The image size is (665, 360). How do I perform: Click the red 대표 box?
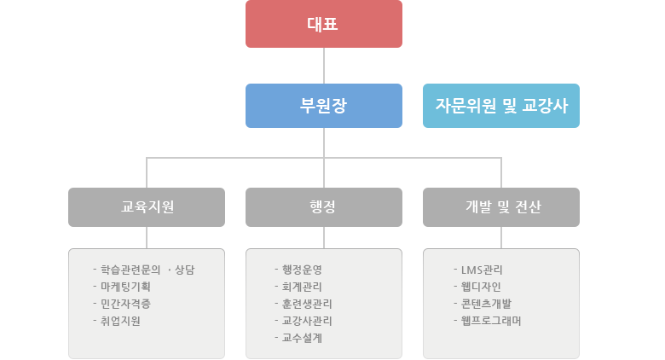pos(324,24)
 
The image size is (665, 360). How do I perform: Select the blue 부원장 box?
pos(324,106)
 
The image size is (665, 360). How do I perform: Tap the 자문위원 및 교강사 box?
pos(500,106)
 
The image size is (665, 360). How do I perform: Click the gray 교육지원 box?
pos(147,207)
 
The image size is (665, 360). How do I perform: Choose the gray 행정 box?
pos(324,207)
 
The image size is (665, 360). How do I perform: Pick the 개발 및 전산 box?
pos(500,207)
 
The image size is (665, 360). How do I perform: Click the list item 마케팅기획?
pos(125,287)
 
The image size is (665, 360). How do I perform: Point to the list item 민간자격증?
pos(125,304)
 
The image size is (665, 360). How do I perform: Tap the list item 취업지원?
pos(120,321)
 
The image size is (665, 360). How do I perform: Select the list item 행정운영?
pos(302,270)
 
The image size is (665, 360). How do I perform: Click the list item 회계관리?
pos(302,287)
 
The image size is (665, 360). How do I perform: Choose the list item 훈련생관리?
pos(307,304)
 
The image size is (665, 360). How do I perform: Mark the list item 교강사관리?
pos(307,321)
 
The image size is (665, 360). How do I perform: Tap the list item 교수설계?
pos(302,338)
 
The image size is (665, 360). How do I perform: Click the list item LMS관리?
pos(482,270)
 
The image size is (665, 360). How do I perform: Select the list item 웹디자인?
pos(481,287)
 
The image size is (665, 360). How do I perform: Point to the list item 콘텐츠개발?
pos(486,304)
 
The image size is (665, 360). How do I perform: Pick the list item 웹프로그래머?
pos(491,321)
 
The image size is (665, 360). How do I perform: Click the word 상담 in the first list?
pos(184,270)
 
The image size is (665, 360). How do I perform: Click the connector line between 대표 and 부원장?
pos(324,66)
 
